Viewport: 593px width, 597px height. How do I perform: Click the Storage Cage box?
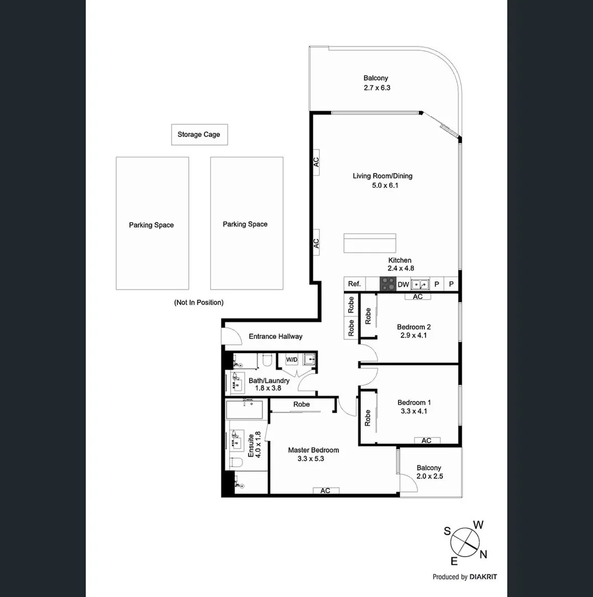pos(199,134)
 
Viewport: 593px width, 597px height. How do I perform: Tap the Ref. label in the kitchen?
pos(354,284)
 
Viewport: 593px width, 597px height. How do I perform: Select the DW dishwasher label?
pos(403,284)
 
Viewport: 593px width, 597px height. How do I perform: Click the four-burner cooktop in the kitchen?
pos(388,284)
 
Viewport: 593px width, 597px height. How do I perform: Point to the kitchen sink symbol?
pos(420,284)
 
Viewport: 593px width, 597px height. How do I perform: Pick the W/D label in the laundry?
pos(291,359)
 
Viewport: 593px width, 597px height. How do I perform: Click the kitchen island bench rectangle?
pos(370,243)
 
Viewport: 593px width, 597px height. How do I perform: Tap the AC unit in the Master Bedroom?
pos(326,490)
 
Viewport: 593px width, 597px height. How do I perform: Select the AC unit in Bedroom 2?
pos(418,297)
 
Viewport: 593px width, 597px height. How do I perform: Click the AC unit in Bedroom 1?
pos(427,441)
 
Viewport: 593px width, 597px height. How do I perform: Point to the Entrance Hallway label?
pos(275,336)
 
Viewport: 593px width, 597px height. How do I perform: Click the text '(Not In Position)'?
pos(198,302)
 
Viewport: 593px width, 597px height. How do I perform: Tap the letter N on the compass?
pos(484,554)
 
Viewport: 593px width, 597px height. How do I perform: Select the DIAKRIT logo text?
pos(483,577)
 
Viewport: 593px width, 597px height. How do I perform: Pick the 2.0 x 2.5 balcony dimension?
pos(429,476)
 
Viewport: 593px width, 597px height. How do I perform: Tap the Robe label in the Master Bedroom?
pos(301,405)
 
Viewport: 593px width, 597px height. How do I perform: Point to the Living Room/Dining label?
pos(382,176)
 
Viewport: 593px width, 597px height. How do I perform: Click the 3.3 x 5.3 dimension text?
pos(313,459)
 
